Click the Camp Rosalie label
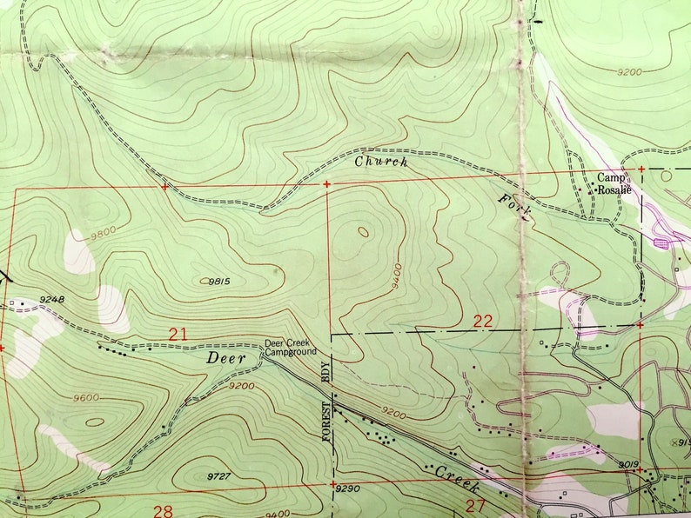coord(613,183)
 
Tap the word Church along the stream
coord(380,161)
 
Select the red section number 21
coord(178,333)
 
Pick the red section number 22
coord(483,321)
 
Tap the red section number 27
coord(475,507)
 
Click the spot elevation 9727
coord(223,476)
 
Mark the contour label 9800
coord(100,231)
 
